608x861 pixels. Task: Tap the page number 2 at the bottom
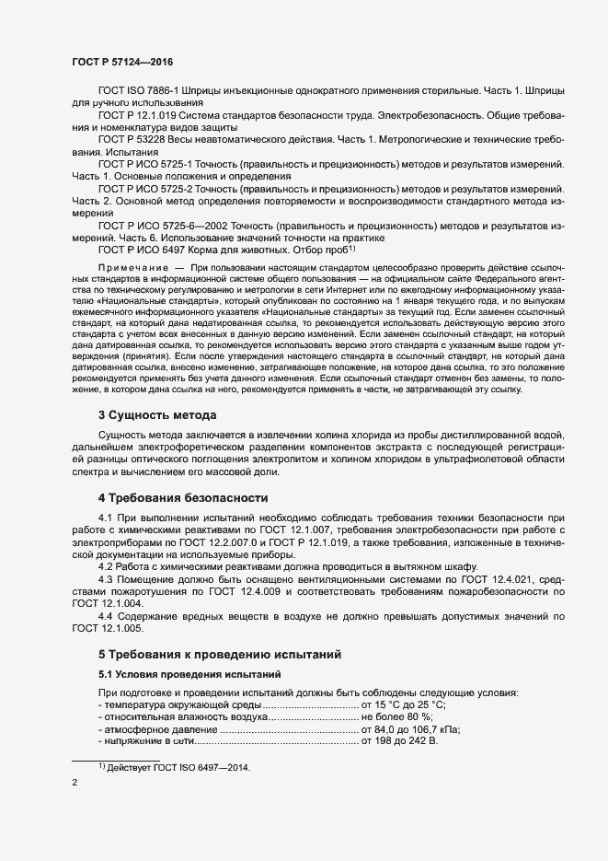[75, 784]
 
